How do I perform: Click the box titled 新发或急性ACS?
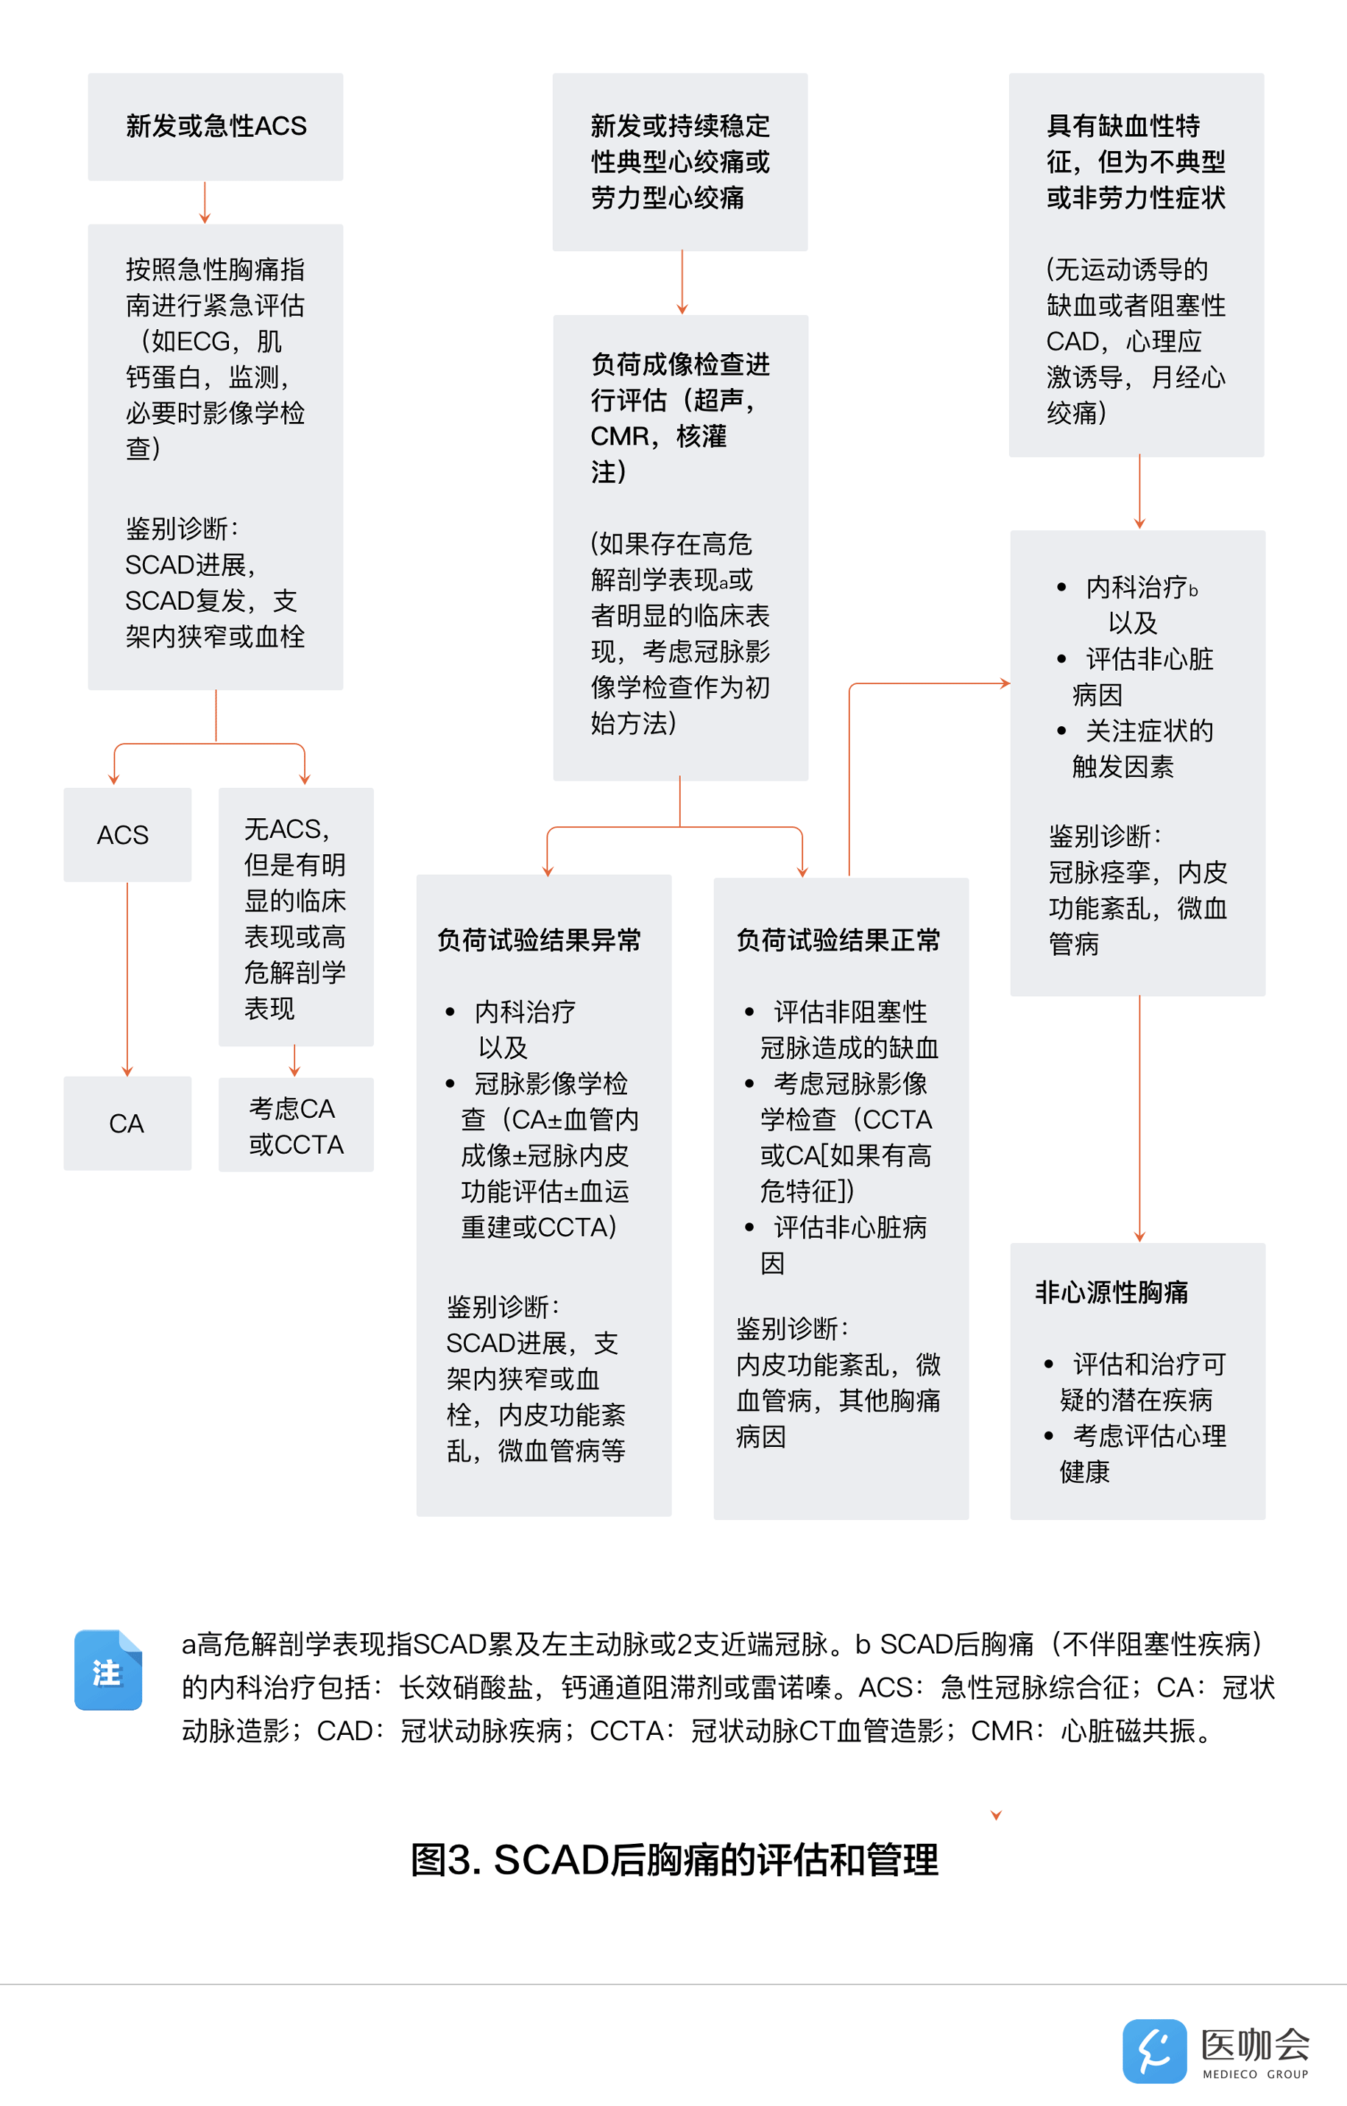[x=215, y=127]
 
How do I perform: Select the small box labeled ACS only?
[x=127, y=835]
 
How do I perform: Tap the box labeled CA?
[x=127, y=1124]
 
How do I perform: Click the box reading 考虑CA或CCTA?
[x=296, y=1126]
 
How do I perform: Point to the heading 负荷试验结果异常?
[x=539, y=940]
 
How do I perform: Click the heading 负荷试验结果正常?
[x=838, y=940]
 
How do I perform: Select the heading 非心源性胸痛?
[x=1111, y=1292]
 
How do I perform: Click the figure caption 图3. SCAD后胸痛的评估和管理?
[x=673, y=1859]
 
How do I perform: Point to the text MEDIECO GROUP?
[x=1254, y=2074]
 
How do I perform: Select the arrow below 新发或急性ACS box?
[x=205, y=203]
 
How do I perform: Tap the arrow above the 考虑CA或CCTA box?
[x=294, y=1061]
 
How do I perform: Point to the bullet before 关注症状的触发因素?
[x=1061, y=730]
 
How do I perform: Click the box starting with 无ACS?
[x=296, y=917]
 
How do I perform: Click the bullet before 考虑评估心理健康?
[x=1048, y=1436]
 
